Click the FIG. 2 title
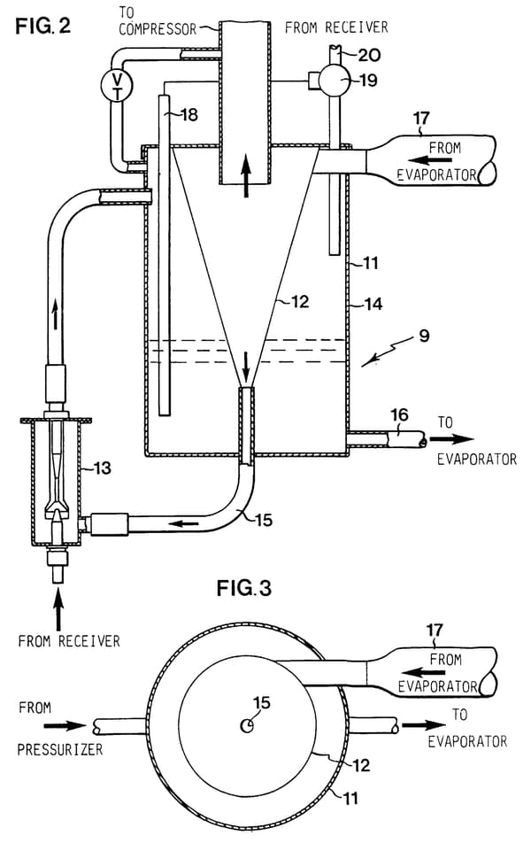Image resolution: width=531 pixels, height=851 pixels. click(x=43, y=26)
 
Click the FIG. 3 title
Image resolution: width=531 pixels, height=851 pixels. click(x=244, y=588)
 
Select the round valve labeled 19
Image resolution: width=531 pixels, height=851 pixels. click(x=333, y=81)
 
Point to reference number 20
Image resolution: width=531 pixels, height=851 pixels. click(x=369, y=55)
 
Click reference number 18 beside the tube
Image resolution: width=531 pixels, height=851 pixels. click(x=189, y=114)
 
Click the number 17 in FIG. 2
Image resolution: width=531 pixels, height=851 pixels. click(x=421, y=118)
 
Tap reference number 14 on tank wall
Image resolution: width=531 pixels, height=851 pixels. click(x=373, y=304)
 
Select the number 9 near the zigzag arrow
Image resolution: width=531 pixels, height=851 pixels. click(x=424, y=336)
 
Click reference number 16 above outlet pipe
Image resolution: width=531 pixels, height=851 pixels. click(x=399, y=415)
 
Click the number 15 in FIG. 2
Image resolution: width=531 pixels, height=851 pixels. click(x=263, y=520)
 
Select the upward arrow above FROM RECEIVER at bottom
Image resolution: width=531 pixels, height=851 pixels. click(x=58, y=611)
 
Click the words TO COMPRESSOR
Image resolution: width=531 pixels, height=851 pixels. click(x=158, y=20)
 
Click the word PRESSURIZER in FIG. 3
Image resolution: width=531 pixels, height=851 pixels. click(x=60, y=749)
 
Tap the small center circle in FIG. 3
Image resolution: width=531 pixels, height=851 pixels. click(x=247, y=725)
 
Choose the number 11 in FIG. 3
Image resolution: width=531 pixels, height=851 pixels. click(x=351, y=798)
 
